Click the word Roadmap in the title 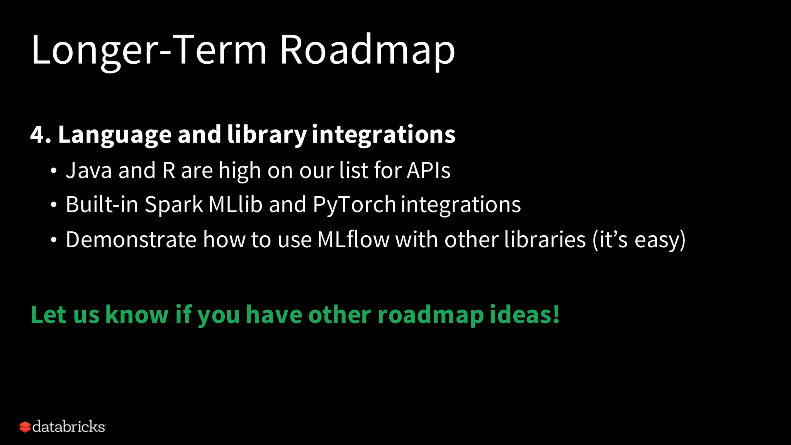[367, 50]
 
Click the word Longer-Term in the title [149, 50]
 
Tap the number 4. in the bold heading [40, 135]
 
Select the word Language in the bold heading [115, 135]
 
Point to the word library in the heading [266, 135]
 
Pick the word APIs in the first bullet [429, 170]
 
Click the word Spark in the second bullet [173, 205]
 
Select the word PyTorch [354, 205]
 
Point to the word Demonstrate [131, 239]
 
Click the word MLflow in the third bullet [353, 239]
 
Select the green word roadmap [430, 315]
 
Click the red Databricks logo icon [25, 427]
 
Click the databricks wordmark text [69, 427]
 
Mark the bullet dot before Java [54, 171]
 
